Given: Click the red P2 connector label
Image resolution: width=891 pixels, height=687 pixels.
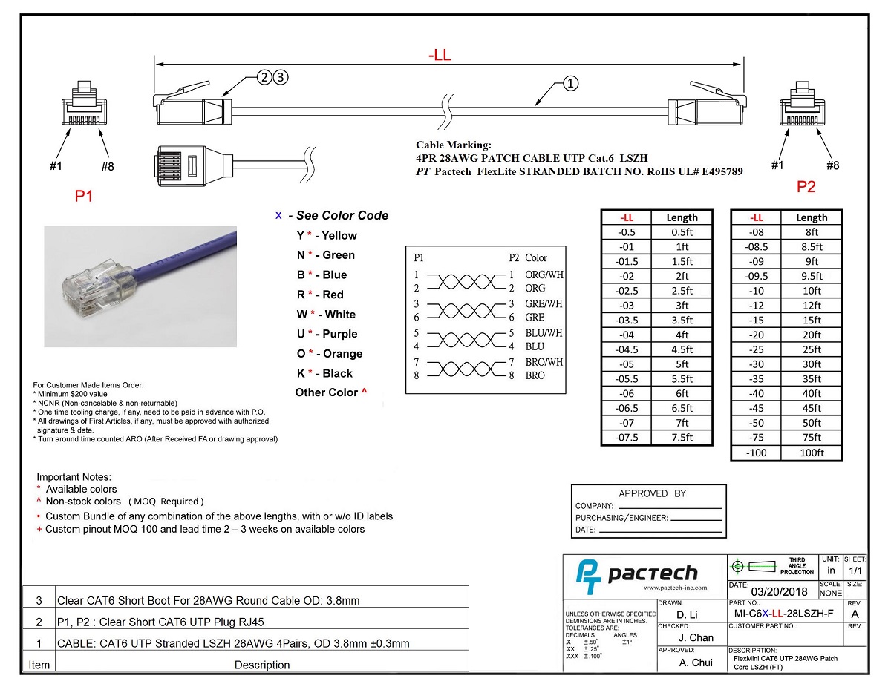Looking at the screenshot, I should tap(806, 187).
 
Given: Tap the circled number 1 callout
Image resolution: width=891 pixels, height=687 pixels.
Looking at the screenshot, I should tap(570, 83).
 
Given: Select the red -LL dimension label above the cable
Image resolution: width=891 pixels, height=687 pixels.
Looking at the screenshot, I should tap(440, 56).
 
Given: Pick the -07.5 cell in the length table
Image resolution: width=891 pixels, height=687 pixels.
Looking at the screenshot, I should tap(627, 438).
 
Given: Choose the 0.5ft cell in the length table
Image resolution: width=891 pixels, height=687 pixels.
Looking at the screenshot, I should tap(682, 232).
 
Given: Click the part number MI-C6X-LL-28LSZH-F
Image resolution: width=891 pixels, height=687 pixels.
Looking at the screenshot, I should tap(783, 614).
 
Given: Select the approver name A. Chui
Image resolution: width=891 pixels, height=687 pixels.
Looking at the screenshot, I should tap(696, 663).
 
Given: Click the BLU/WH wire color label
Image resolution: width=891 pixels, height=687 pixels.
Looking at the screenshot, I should tap(544, 333).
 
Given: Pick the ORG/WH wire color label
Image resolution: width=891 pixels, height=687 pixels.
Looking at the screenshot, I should tap(544, 275).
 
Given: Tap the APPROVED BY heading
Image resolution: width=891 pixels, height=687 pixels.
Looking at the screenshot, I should tap(653, 493).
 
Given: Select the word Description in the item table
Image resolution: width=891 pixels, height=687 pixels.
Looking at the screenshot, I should tap(262, 665).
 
